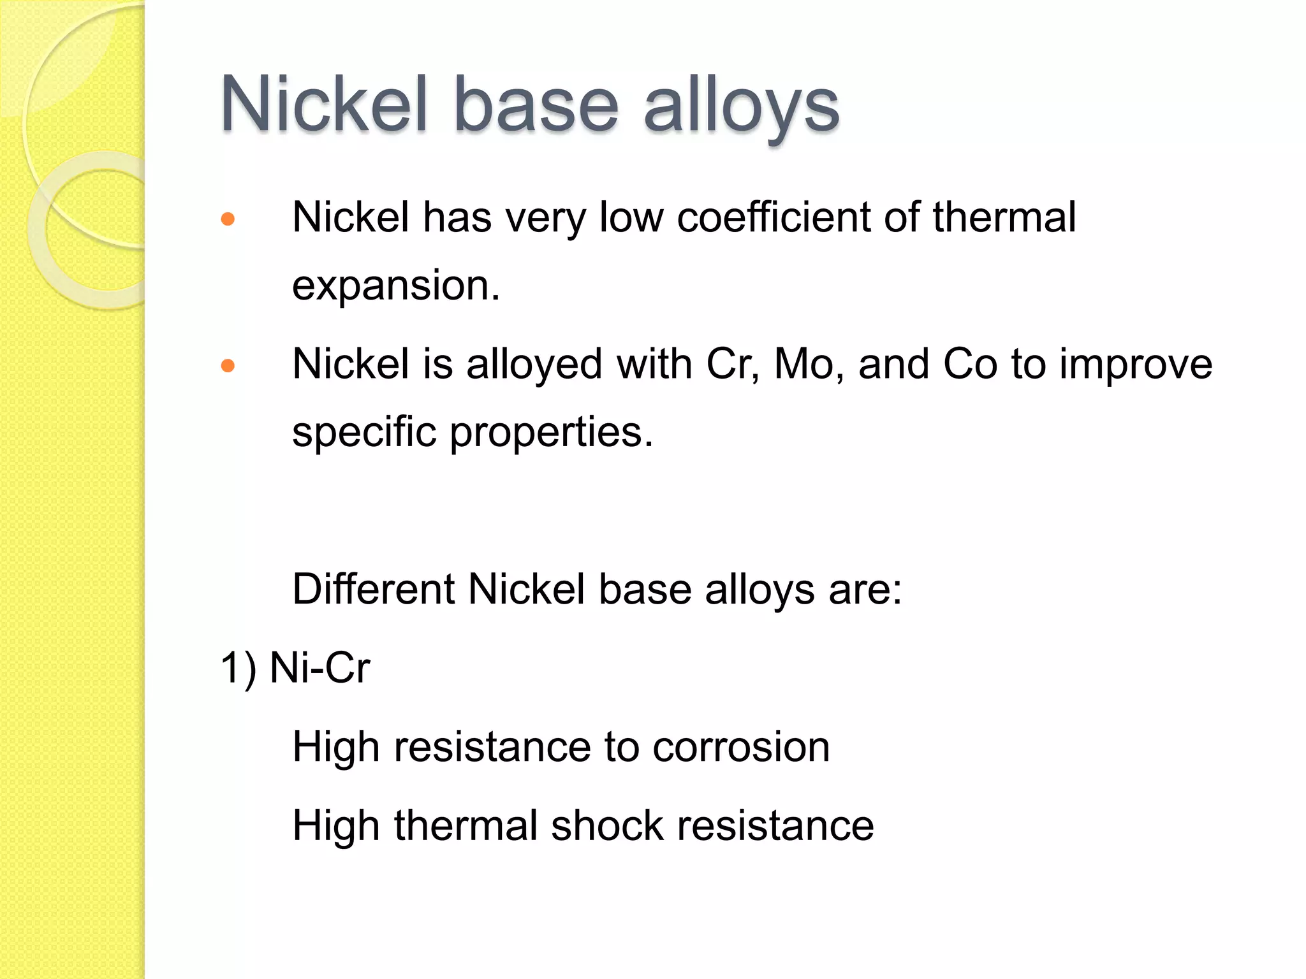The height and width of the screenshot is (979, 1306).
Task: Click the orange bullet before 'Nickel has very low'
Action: coord(228,220)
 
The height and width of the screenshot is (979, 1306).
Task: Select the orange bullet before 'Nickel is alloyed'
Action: coord(228,366)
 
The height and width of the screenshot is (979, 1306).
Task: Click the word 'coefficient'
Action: coord(773,217)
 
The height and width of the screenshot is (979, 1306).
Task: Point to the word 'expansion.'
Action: coord(395,285)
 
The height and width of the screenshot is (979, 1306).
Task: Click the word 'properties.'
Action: coord(552,433)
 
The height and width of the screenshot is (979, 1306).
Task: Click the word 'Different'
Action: coord(373,588)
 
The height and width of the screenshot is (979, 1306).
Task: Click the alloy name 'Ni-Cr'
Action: coord(319,668)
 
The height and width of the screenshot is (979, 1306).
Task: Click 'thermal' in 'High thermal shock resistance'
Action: coord(466,825)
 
